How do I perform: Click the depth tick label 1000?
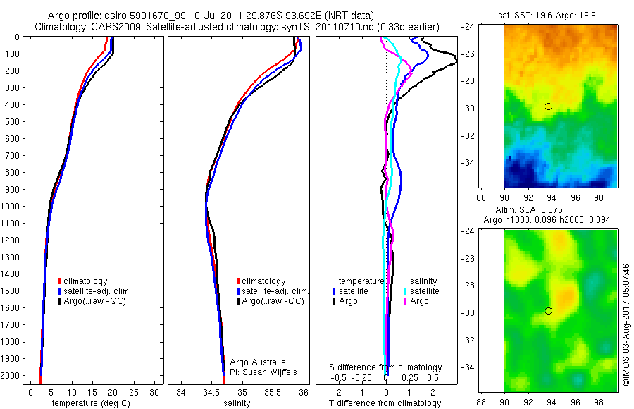[x=11, y=207]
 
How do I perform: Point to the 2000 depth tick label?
[x=11, y=377]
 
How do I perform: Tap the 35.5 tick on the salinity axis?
[x=273, y=392]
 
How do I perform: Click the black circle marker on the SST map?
[x=549, y=106]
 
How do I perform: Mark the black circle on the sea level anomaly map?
[x=549, y=311]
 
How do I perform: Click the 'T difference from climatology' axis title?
[x=386, y=403]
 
